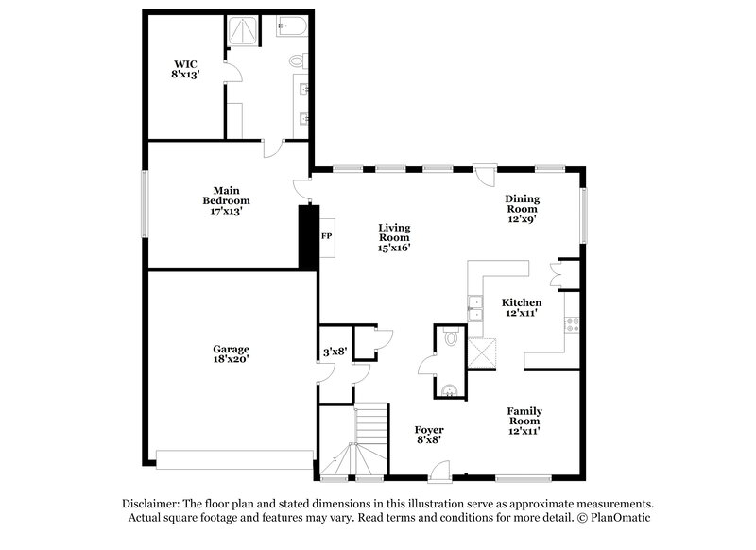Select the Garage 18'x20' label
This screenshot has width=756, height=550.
231,353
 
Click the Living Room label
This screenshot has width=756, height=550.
393,237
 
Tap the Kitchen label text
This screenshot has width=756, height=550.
521,308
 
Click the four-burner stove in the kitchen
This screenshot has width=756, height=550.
572,327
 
